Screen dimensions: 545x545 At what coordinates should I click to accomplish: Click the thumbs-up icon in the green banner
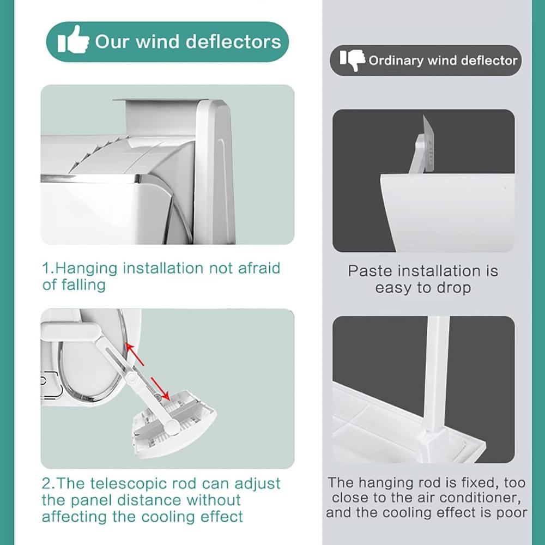click(x=73, y=40)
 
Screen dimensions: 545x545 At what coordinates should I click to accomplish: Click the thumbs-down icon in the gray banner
click(x=353, y=60)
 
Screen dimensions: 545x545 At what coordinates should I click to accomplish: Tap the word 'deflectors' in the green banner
click(x=233, y=42)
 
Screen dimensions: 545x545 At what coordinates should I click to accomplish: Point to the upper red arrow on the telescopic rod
click(x=135, y=355)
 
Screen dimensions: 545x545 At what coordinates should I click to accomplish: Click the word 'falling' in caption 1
click(x=83, y=284)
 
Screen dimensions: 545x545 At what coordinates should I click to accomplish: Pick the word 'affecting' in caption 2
click(x=74, y=517)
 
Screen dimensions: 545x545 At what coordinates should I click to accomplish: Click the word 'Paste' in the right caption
click(x=370, y=271)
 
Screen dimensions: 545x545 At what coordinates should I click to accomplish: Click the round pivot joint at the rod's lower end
click(x=172, y=425)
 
